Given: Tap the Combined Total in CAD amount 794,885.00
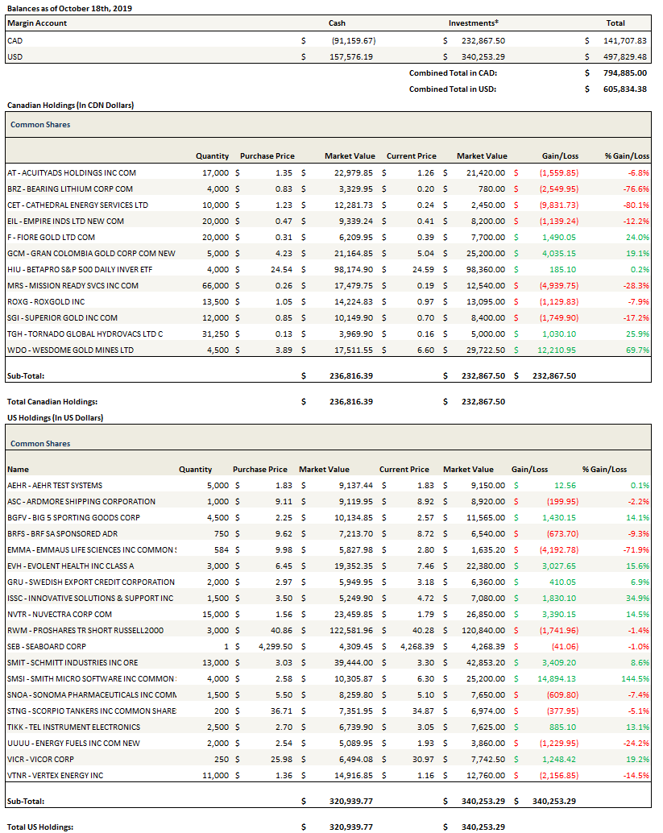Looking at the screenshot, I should pyautogui.click(x=624, y=73).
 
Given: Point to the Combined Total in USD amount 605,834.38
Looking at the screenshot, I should pyautogui.click(x=624, y=89).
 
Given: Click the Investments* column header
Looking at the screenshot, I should pyautogui.click(x=473, y=23).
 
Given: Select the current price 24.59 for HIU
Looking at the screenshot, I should pyautogui.click(x=422, y=269).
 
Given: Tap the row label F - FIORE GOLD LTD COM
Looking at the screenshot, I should pyautogui.click(x=50, y=237).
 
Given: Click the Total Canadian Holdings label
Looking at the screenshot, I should pyautogui.click(x=52, y=401).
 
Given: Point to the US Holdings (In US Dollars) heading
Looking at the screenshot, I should pyautogui.click(x=55, y=417).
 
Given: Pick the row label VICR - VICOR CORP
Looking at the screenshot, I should pyautogui.click(x=40, y=759).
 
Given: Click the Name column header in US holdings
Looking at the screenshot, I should pyautogui.click(x=18, y=469).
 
